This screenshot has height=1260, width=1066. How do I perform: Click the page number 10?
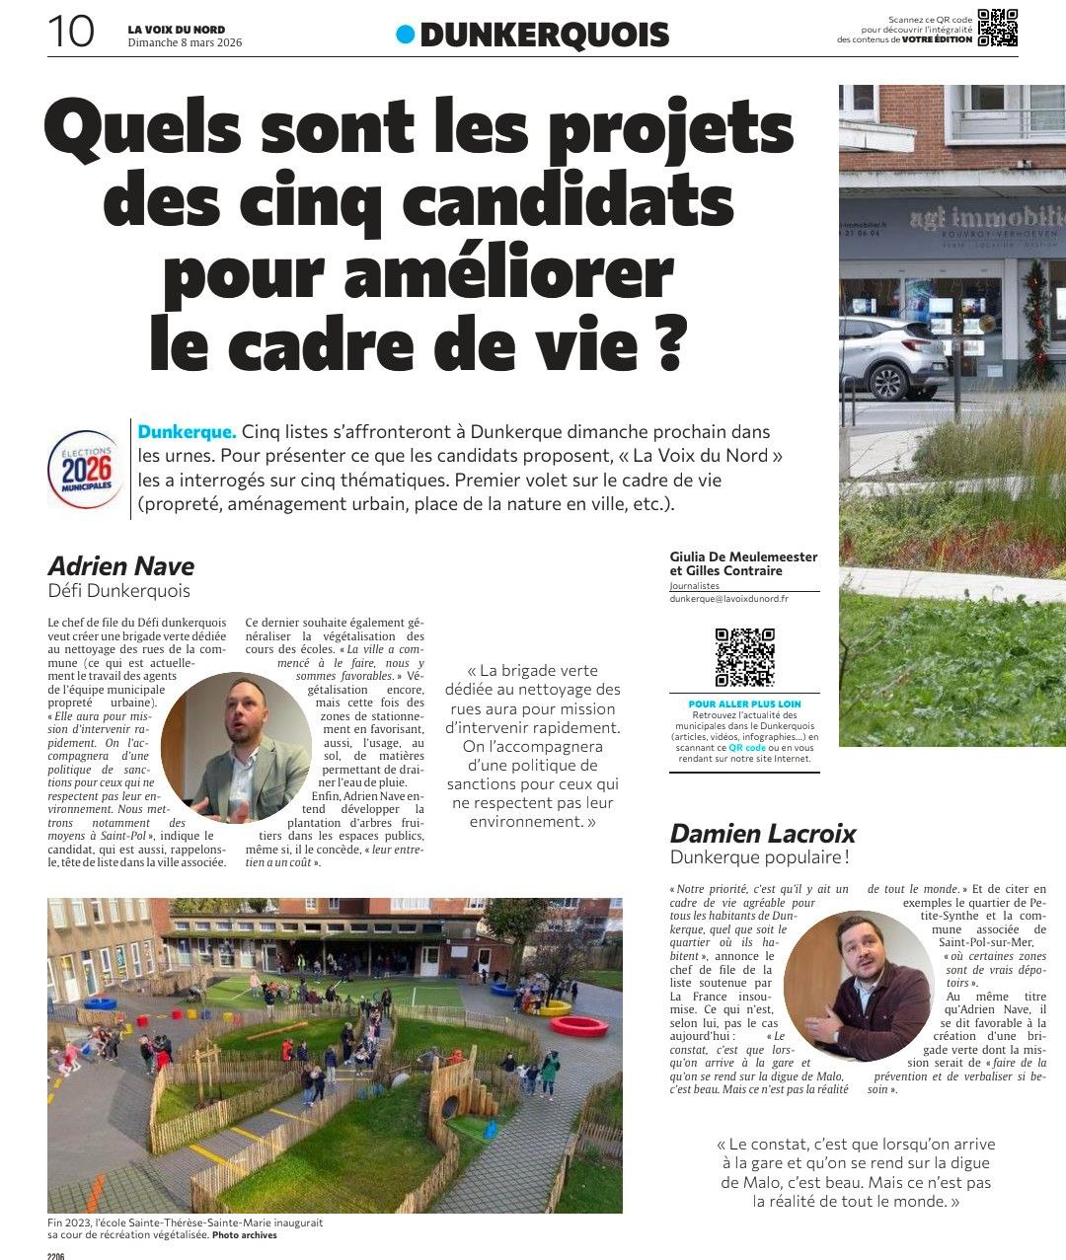pyautogui.click(x=70, y=32)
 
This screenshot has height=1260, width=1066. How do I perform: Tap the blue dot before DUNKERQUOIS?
pyautogui.click(x=405, y=35)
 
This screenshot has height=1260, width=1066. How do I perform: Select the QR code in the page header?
pyautogui.click(x=997, y=28)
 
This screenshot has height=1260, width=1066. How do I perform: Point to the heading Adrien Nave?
pyautogui.click(x=120, y=566)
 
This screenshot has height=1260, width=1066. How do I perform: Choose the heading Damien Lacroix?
pyautogui.click(x=763, y=834)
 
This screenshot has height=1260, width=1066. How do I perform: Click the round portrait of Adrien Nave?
pyautogui.click(x=235, y=746)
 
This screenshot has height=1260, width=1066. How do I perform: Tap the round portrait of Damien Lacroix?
pyautogui.click(x=857, y=985)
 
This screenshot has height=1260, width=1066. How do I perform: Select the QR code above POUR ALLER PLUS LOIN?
pyautogui.click(x=744, y=656)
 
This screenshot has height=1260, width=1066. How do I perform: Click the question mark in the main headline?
pyautogui.click(x=666, y=341)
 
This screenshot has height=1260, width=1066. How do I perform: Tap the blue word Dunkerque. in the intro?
pyautogui.click(x=188, y=432)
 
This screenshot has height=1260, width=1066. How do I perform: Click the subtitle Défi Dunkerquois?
pyautogui.click(x=118, y=592)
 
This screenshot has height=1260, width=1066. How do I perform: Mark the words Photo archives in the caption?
pyautogui.click(x=244, y=1235)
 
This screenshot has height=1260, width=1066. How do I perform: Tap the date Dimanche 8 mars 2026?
pyautogui.click(x=185, y=42)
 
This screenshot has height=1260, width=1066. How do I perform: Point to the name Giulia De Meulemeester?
pyautogui.click(x=743, y=556)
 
